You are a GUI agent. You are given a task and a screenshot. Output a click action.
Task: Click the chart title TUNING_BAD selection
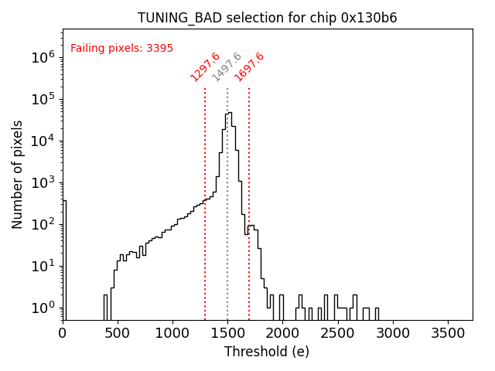click(267, 18)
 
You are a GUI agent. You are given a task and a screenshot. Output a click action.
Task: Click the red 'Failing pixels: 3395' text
click(121, 49)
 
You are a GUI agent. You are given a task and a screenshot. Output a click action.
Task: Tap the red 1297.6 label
click(205, 67)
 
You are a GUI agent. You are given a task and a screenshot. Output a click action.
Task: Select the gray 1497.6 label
click(227, 67)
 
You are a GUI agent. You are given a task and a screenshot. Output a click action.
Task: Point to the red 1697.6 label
click(249, 67)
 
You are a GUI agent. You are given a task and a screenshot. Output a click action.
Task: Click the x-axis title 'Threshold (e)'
click(267, 352)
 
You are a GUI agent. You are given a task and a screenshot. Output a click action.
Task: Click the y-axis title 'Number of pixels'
click(18, 174)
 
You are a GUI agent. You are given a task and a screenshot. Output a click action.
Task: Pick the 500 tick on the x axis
click(118, 333)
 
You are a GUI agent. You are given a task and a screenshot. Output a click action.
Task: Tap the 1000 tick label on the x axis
click(172, 333)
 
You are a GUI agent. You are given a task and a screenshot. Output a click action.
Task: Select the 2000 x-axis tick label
click(282, 333)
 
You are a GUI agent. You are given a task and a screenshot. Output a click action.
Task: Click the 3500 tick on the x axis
click(446, 333)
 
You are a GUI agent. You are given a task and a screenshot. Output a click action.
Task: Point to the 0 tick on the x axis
click(63, 333)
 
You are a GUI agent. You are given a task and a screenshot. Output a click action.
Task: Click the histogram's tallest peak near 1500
click(229, 113)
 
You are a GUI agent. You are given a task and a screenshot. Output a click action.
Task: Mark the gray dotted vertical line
click(227, 232)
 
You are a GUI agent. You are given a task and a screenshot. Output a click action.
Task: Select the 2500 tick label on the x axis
click(337, 333)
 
